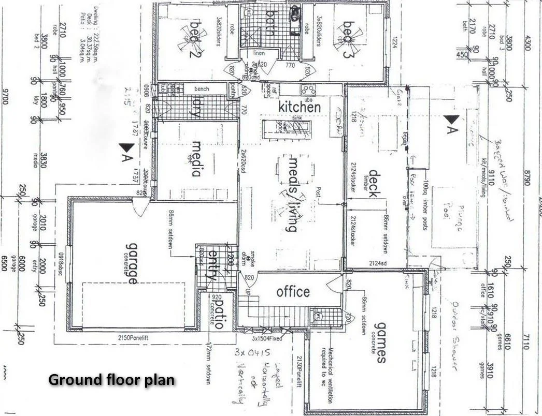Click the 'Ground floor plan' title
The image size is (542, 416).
tap(111, 380)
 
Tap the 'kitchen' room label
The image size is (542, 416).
tap(299, 107)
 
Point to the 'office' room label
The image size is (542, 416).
tap(293, 292)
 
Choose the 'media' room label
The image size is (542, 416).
tap(196, 158)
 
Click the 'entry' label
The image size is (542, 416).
tap(211, 265)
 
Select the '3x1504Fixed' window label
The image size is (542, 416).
tap(267, 338)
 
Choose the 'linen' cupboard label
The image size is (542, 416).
tap(259, 53)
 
